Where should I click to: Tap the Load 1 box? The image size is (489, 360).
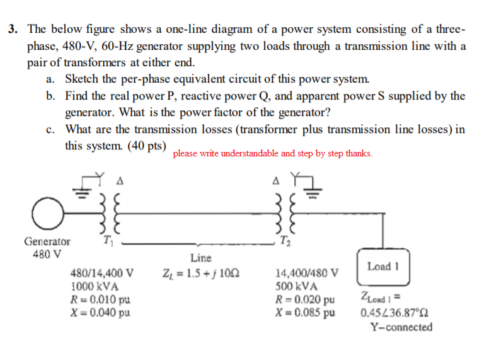coord(384,266)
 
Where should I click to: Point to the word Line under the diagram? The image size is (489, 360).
coord(201,258)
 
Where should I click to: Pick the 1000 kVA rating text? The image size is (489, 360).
coord(95,285)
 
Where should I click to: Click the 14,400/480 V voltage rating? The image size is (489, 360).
coord(307,274)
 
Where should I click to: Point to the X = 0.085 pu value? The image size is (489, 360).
coord(306,311)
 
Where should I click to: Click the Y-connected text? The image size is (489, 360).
coord(401,327)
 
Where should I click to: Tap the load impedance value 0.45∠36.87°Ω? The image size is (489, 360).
coord(396,313)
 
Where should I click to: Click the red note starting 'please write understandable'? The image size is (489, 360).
coord(272,153)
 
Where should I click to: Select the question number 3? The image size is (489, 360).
coord(13,29)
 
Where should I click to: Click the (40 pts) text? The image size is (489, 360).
coord(147,146)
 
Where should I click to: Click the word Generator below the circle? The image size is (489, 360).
coord(47,241)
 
